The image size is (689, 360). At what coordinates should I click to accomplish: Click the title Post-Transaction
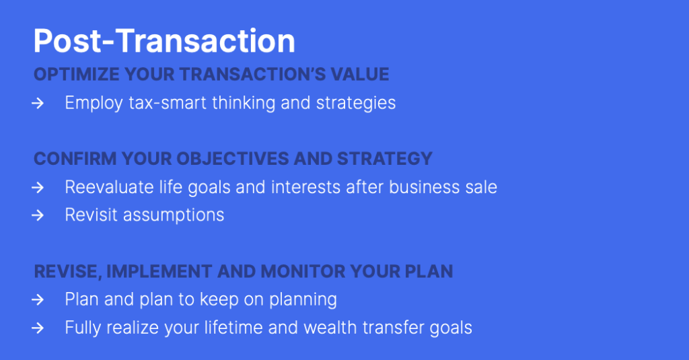[164, 41]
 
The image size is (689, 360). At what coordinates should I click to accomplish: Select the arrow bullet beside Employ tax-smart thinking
[38, 104]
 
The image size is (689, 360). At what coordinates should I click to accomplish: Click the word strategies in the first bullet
[356, 104]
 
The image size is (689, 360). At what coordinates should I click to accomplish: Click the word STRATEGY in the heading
[384, 159]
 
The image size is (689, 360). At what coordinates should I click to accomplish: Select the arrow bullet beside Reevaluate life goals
[38, 188]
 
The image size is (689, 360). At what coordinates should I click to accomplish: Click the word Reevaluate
[110, 187]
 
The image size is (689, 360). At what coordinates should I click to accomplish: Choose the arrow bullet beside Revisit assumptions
[38, 215]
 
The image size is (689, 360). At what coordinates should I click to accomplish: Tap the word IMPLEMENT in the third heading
[159, 272]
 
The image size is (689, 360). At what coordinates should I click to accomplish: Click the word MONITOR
[303, 272]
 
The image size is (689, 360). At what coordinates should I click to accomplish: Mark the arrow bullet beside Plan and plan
[38, 300]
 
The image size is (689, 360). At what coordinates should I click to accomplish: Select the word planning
[303, 300]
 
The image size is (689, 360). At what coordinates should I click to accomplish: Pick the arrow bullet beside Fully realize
[38, 328]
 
